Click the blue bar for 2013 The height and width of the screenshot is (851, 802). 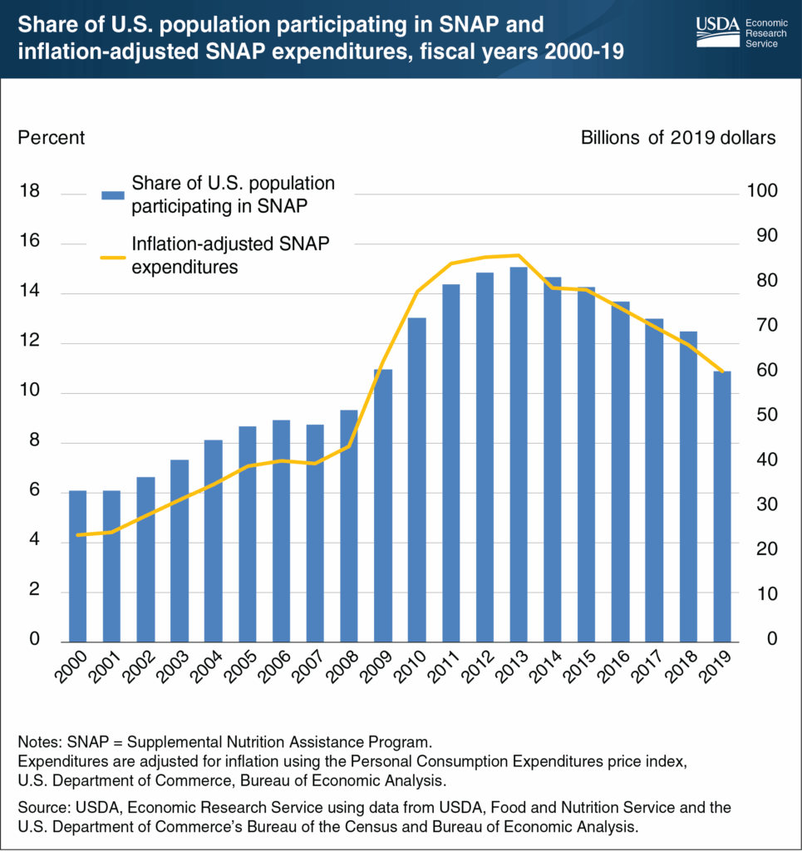tap(518, 453)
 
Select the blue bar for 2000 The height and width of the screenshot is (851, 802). tap(77, 565)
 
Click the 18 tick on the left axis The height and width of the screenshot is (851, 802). tap(29, 192)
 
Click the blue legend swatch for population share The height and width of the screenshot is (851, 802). tap(112, 194)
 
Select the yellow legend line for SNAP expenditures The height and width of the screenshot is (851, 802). tap(112, 256)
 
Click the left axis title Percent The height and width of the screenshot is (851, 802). tap(51, 137)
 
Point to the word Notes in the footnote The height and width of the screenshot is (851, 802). tap(38, 740)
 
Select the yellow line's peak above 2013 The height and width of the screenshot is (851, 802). tap(518, 255)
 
